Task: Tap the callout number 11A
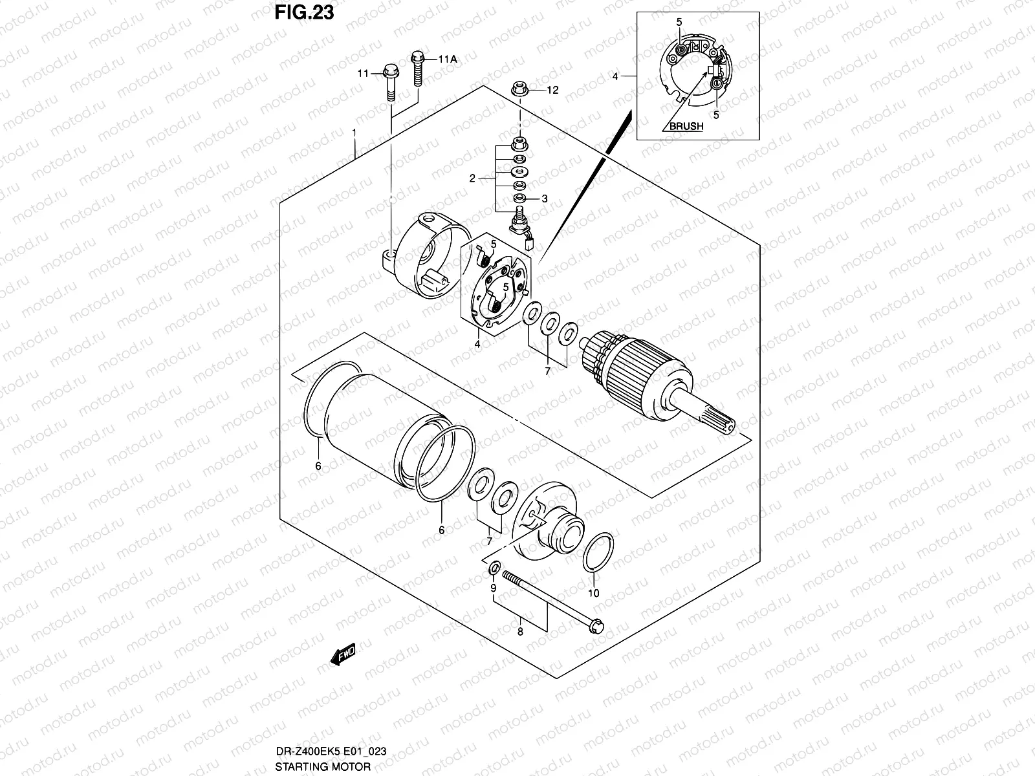448,59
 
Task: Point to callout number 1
354,132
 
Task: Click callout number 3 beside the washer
545,199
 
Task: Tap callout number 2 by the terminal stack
472,178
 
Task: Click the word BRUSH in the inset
686,127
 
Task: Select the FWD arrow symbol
343,658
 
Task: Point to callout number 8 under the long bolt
519,632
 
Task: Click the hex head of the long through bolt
598,625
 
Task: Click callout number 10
594,593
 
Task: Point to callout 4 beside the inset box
615,76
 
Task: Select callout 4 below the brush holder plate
477,344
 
